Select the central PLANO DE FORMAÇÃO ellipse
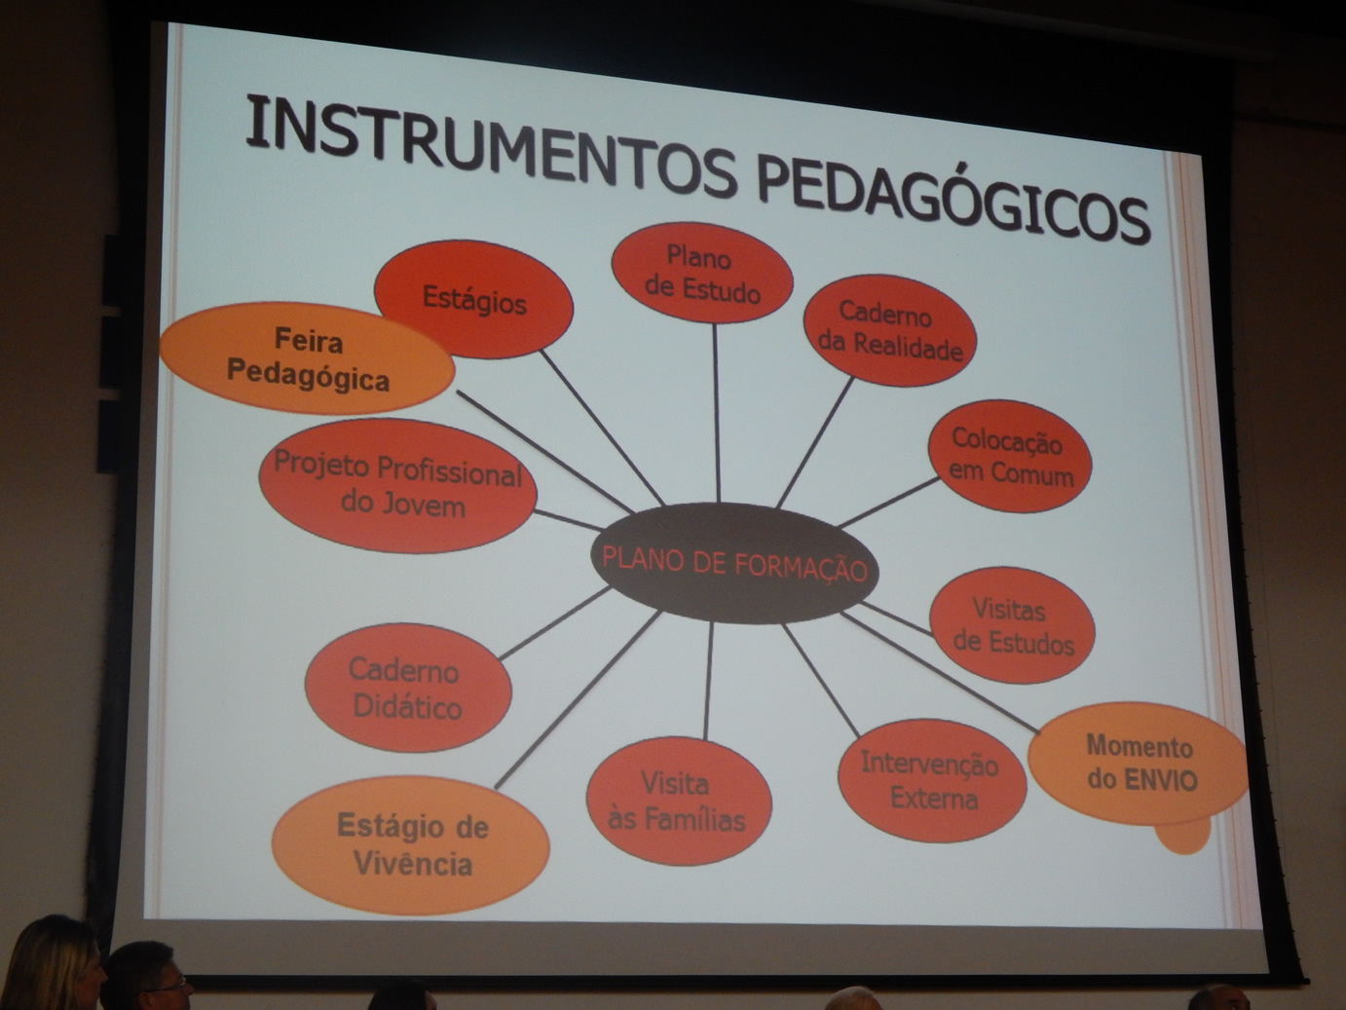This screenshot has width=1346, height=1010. coord(734,563)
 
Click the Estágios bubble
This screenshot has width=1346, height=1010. coord(474,299)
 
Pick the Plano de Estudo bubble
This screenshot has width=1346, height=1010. coord(702,273)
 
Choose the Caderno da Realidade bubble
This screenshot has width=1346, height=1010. coord(890,330)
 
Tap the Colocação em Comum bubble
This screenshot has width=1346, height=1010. coord(1010,456)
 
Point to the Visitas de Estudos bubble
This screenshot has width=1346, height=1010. coord(1012,625)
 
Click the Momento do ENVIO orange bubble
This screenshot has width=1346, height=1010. coord(1139,764)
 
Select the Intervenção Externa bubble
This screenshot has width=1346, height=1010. coord(932,781)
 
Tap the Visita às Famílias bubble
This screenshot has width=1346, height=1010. coord(679,802)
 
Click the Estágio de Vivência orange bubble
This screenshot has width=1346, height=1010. coord(411,845)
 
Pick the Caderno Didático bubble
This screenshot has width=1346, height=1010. coord(408,688)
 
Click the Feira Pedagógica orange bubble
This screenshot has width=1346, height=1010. coord(307,358)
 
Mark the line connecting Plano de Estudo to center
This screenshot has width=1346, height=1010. coord(716,413)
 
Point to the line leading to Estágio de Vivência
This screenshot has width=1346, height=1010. coord(578,699)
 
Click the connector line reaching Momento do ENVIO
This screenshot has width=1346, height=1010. coord(940,672)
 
